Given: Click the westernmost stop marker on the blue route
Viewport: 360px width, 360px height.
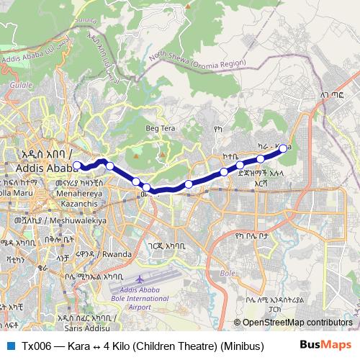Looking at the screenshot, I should tap(77, 166).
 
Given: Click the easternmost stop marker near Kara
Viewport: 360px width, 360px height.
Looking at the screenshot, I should tap(284, 148).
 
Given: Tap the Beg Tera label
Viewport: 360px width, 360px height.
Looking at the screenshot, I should tap(160, 128).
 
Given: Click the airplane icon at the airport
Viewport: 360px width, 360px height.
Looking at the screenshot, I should tap(139, 277).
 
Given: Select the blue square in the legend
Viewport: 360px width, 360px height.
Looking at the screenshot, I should tap(10, 346).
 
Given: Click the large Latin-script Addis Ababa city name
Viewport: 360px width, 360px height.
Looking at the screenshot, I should tap(40, 168).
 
